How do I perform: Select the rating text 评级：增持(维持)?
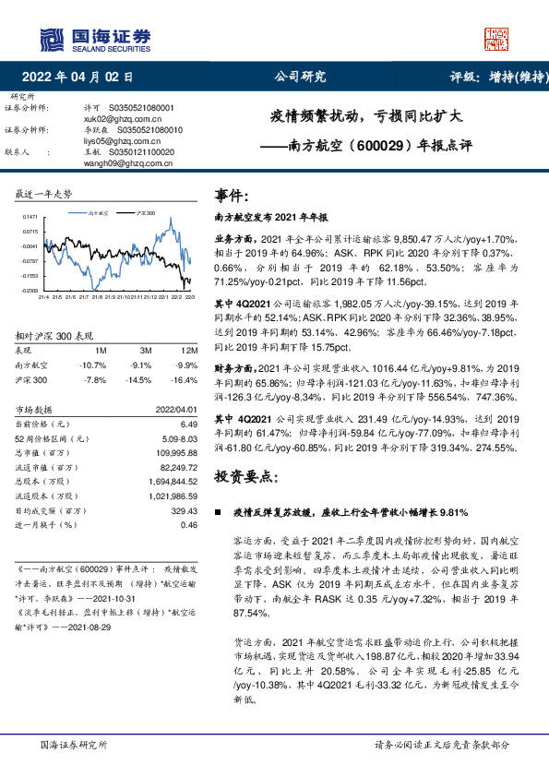click(x=495, y=78)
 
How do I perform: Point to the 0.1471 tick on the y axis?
click(x=30, y=217)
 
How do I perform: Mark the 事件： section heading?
click(x=232, y=196)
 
